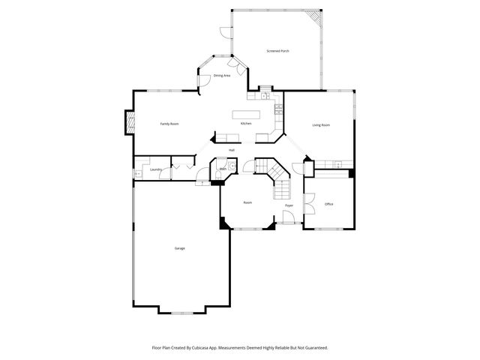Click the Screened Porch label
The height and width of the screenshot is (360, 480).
click(x=277, y=51)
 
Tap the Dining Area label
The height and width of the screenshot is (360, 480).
click(x=222, y=76)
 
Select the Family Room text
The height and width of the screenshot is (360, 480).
click(x=169, y=124)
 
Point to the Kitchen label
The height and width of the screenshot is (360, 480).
click(x=245, y=124)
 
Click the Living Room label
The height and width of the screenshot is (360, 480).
click(x=321, y=124)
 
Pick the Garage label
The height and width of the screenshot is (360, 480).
click(x=180, y=248)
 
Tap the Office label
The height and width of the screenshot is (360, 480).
click(x=328, y=204)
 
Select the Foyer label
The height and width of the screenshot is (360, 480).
click(x=289, y=205)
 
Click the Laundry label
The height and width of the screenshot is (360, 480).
click(x=156, y=170)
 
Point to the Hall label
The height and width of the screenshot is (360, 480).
click(x=232, y=151)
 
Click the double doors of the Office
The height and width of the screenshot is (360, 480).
click(x=308, y=202)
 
